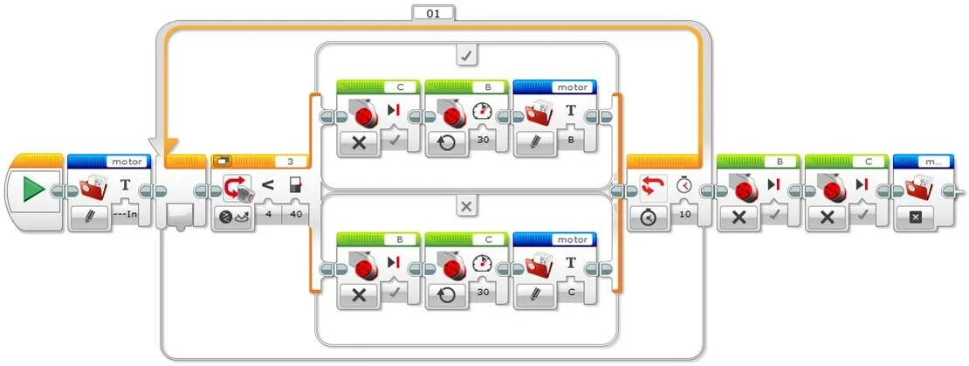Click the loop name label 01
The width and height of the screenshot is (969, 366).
coord(433,13)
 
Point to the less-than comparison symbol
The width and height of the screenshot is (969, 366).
coord(268,184)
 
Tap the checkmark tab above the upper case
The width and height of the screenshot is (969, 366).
coord(466,54)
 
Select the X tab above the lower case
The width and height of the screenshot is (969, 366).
coord(466,207)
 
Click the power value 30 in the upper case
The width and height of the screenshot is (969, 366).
coord(483,139)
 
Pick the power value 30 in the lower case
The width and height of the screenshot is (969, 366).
coord(483,291)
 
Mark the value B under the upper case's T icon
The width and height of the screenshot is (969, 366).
coord(571,139)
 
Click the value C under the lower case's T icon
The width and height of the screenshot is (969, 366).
coord(571,291)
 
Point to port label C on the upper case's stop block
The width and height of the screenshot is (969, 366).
coord(400,87)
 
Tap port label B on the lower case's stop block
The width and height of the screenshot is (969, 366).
coord(400,239)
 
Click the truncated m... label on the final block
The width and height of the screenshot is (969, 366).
coord(933,162)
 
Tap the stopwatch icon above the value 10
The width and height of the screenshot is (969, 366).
coord(684,184)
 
